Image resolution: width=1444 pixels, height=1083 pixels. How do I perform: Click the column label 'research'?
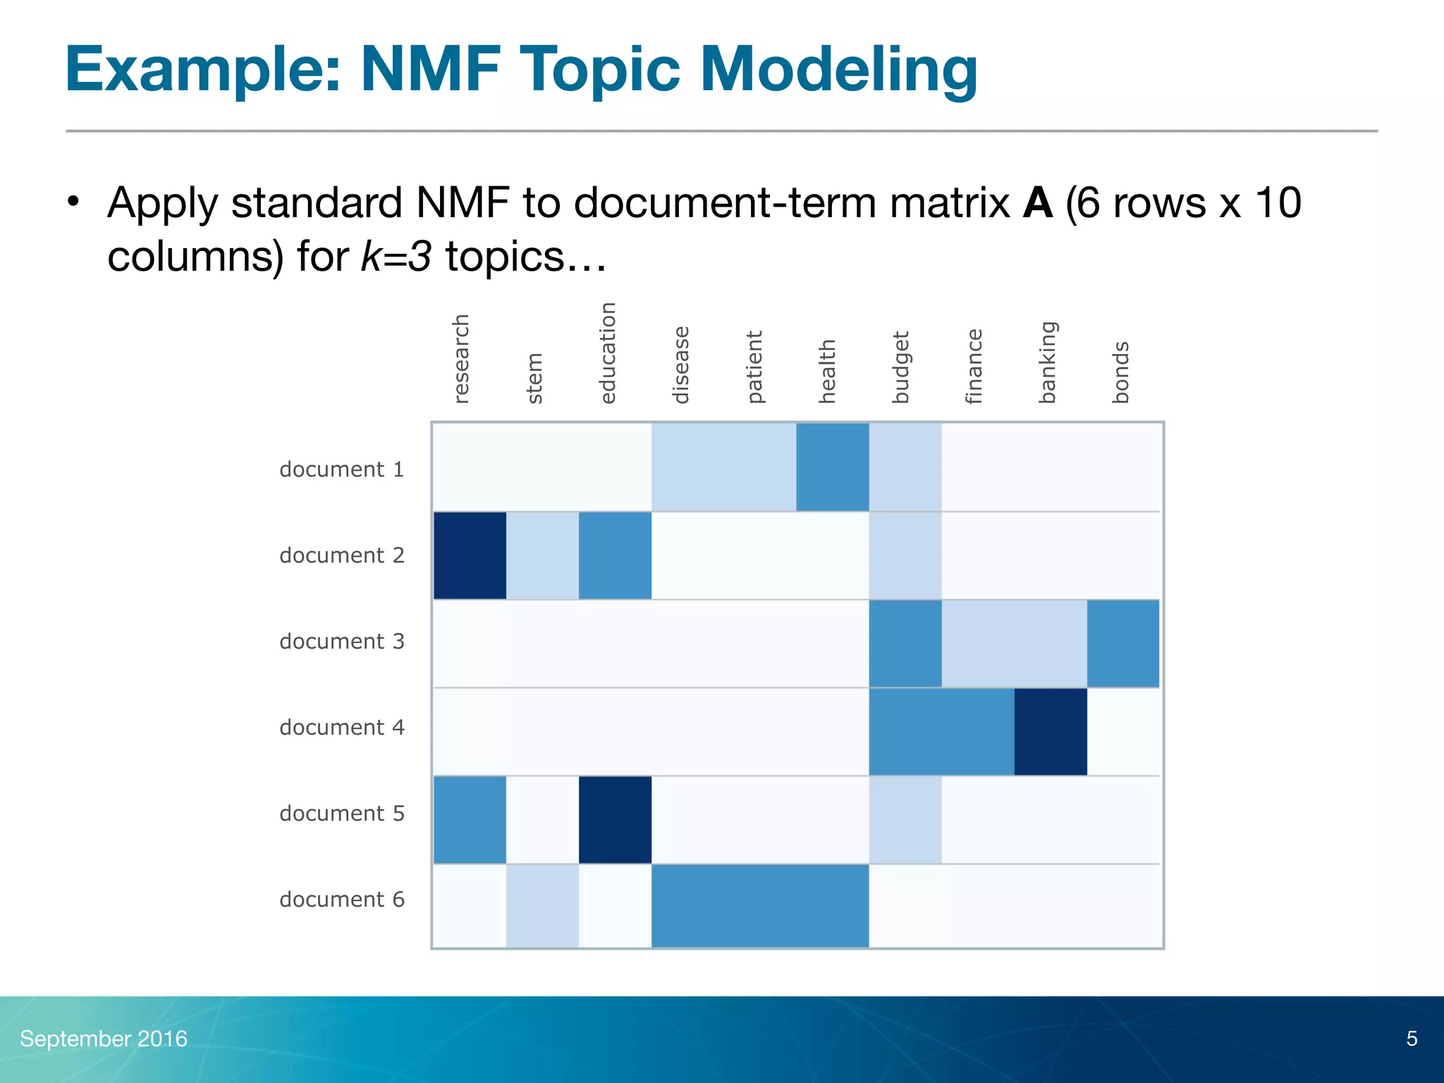pyautogui.click(x=461, y=359)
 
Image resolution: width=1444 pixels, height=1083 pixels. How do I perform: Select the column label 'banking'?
pyautogui.click(x=1048, y=362)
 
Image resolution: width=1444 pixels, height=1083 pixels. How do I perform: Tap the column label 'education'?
pyautogui.click(x=608, y=353)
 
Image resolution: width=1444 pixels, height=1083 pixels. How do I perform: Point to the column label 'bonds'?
pyautogui.click(x=1121, y=372)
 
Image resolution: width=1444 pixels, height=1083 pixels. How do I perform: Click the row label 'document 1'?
pyautogui.click(x=342, y=470)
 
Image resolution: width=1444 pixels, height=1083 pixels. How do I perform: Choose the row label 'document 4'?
pyautogui.click(x=342, y=728)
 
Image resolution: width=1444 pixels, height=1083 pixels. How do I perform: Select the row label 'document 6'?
pyautogui.click(x=342, y=900)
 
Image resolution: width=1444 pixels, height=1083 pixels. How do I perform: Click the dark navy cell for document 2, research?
pyautogui.click(x=470, y=556)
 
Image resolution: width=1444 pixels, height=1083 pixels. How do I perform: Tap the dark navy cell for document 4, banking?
pyautogui.click(x=1051, y=732)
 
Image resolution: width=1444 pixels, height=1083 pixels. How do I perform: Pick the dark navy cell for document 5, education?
pyautogui.click(x=615, y=820)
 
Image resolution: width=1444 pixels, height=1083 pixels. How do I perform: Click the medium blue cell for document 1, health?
pyautogui.click(x=833, y=467)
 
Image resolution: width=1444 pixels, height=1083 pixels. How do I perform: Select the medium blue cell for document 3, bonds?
pyautogui.click(x=1123, y=644)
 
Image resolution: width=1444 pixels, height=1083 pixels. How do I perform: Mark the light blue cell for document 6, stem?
pyautogui.click(x=542, y=906)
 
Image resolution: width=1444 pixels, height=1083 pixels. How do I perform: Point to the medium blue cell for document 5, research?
pyautogui.click(x=470, y=820)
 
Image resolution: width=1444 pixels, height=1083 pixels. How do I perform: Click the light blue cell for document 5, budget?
pyautogui.click(x=905, y=820)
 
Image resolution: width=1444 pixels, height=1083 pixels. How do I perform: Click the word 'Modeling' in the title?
pyautogui.click(x=838, y=71)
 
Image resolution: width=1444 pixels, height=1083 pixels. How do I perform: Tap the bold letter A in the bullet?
pyautogui.click(x=1037, y=204)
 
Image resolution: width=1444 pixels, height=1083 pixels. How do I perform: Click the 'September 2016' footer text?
pyautogui.click(x=104, y=1039)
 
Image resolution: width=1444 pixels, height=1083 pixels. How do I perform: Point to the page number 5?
pyautogui.click(x=1412, y=1039)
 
